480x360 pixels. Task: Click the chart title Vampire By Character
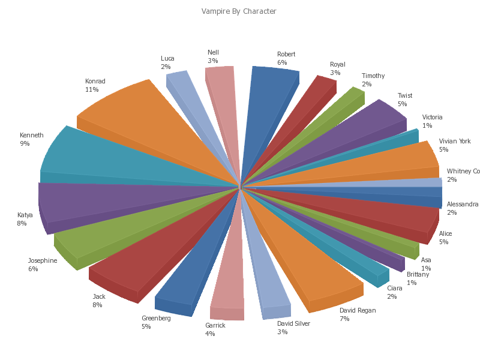pos(239,11)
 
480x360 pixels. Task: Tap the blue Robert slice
pos(264,108)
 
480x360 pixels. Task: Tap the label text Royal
pos(338,65)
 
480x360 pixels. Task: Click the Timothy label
pos(373,76)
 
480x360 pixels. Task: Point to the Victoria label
pos(432,118)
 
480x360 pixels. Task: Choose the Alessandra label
pos(463,205)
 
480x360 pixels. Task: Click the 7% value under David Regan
pos(344,319)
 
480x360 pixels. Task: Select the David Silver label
pos(293,324)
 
